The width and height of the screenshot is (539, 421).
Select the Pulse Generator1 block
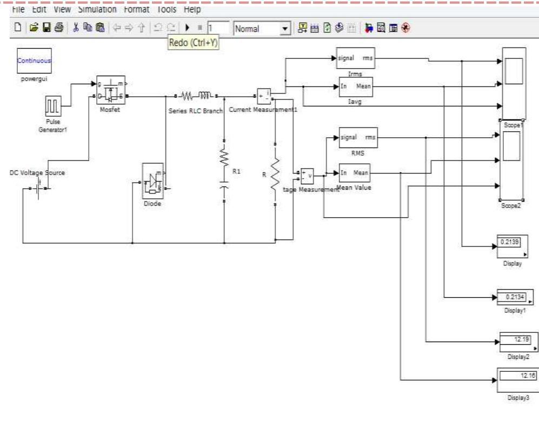pos(54,108)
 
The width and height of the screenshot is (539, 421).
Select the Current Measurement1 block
pos(264,96)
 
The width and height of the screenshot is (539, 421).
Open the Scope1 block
pos(514,83)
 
